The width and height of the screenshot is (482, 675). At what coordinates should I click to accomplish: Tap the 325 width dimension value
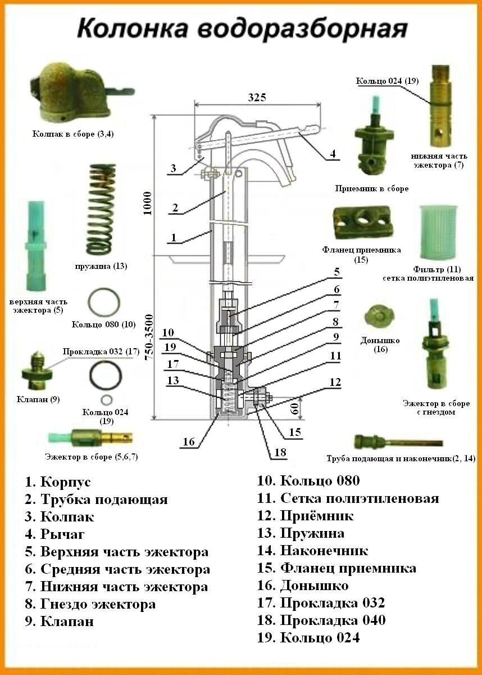(x=257, y=97)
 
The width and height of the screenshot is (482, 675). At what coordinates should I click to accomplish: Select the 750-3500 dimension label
(x=148, y=337)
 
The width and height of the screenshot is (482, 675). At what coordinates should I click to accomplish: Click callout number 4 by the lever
(x=333, y=152)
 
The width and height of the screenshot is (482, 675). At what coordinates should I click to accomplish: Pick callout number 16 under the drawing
(x=189, y=442)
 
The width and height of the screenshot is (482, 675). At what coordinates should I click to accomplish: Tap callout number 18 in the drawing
(x=273, y=452)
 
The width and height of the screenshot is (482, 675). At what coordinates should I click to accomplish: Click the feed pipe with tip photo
(x=398, y=443)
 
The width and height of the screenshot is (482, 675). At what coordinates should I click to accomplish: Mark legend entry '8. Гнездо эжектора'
(x=90, y=604)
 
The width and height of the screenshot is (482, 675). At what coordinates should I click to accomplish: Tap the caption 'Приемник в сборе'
(x=371, y=189)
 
